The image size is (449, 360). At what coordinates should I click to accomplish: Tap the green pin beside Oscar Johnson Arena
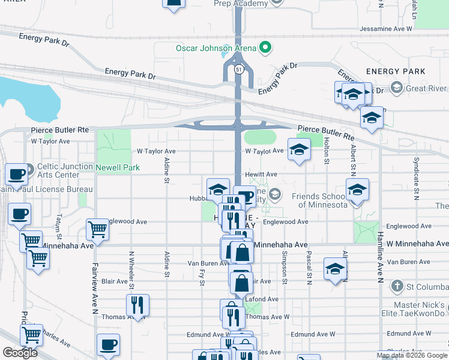pyautogui.click(x=263, y=48)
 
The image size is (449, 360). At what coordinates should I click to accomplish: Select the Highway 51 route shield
pyautogui.click(x=239, y=70)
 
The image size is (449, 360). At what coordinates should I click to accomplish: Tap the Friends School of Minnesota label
pyautogui.click(x=320, y=200)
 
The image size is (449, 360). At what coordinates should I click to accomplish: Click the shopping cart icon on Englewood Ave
pyautogui.click(x=97, y=229)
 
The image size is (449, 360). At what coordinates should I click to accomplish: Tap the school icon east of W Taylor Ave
pyautogui.click(x=299, y=150)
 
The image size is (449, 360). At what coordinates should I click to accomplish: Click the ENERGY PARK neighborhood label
pyautogui.click(x=396, y=71)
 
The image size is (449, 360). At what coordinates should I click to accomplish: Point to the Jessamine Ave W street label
pyautogui.click(x=386, y=29)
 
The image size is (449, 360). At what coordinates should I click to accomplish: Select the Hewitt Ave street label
pyautogui.click(x=261, y=175)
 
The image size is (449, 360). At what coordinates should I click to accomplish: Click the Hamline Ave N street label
pyautogui.click(x=379, y=259)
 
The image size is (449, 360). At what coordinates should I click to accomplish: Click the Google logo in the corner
pyautogui.click(x=20, y=352)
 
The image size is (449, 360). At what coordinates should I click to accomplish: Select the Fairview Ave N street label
pyautogui.click(x=94, y=288)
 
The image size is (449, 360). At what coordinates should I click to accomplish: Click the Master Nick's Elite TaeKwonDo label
pyautogui.click(x=415, y=308)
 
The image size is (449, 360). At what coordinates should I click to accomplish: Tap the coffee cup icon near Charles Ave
pyautogui.click(x=108, y=344)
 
